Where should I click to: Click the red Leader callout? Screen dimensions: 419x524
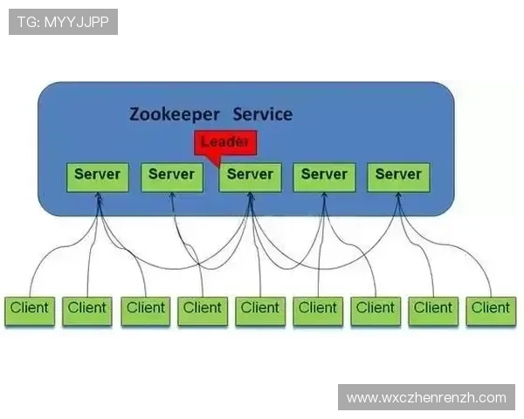point(226,143)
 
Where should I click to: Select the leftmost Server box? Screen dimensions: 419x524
point(97,175)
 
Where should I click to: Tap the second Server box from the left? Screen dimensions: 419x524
point(171,175)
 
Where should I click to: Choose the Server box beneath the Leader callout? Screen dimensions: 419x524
point(250,175)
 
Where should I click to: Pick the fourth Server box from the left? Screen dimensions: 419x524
point(324,175)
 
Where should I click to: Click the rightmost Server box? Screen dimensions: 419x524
point(398,175)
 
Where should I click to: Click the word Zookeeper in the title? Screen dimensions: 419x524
point(175,114)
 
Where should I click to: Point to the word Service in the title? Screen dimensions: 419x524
point(263,114)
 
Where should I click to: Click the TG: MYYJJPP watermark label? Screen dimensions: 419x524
point(63,22)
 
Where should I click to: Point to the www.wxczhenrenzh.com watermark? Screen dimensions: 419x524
point(426,398)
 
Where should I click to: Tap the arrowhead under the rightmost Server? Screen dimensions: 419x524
point(398,196)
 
